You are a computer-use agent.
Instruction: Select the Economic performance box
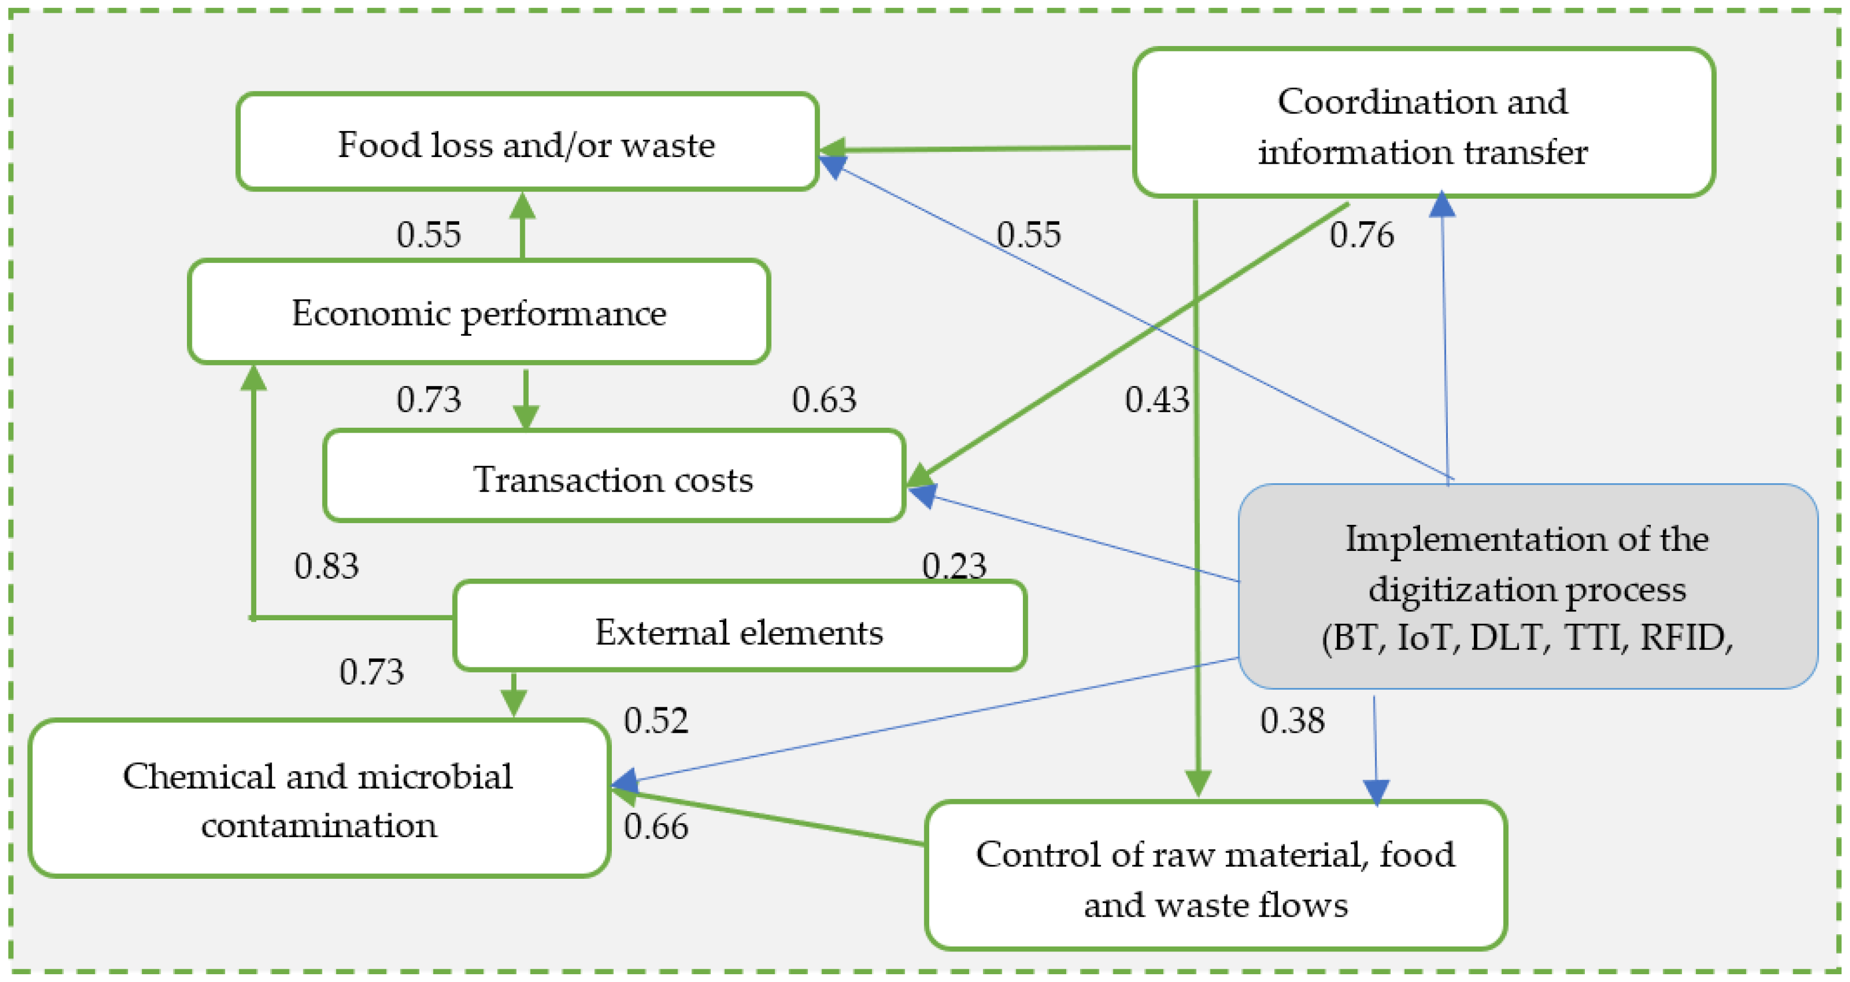(479, 312)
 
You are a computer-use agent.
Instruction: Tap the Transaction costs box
(614, 477)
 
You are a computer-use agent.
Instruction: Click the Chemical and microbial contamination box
(319, 799)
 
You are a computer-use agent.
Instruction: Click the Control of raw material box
(1215, 877)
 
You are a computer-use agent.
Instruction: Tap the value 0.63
(824, 399)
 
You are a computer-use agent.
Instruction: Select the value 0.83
(326, 566)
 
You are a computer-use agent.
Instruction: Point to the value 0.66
(656, 826)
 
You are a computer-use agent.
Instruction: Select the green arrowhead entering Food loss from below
(522, 206)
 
